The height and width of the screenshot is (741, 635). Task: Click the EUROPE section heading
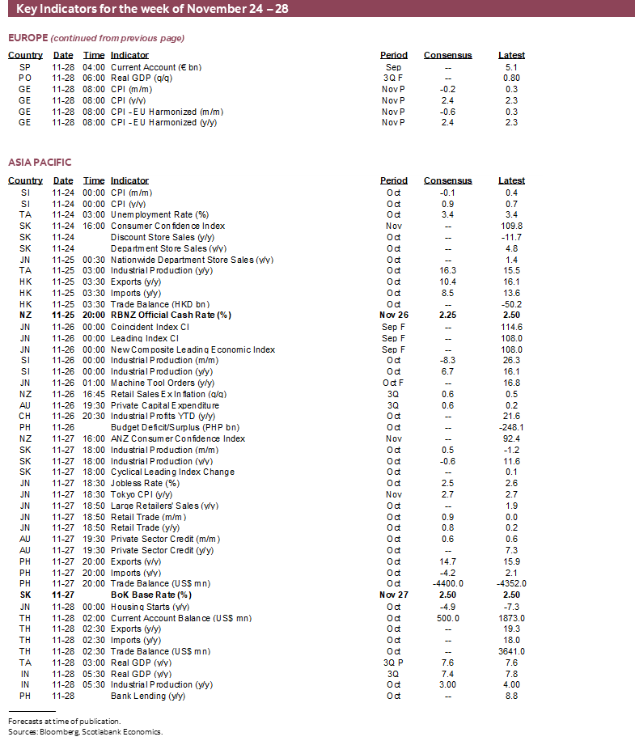coord(28,38)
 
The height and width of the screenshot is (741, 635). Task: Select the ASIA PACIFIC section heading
coord(40,163)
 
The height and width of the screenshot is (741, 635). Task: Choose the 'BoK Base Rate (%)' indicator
coord(150,595)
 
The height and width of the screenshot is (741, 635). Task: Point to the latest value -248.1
coord(511,427)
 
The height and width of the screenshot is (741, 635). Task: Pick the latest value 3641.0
coord(511,650)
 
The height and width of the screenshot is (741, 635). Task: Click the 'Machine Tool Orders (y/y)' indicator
coord(163,383)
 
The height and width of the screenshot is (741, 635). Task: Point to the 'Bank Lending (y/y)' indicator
coord(147,696)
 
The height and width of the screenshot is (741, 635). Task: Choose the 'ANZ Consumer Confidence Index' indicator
coord(177,438)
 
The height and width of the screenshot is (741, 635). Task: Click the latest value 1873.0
coord(511,617)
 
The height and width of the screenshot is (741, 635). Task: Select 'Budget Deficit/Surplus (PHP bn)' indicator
coord(175,427)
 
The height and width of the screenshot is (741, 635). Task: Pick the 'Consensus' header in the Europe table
coord(447,56)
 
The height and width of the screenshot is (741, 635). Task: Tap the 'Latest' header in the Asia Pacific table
coord(511,181)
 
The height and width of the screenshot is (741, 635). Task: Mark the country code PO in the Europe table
coord(25,78)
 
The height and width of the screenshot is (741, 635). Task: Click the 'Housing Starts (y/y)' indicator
coord(150,606)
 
